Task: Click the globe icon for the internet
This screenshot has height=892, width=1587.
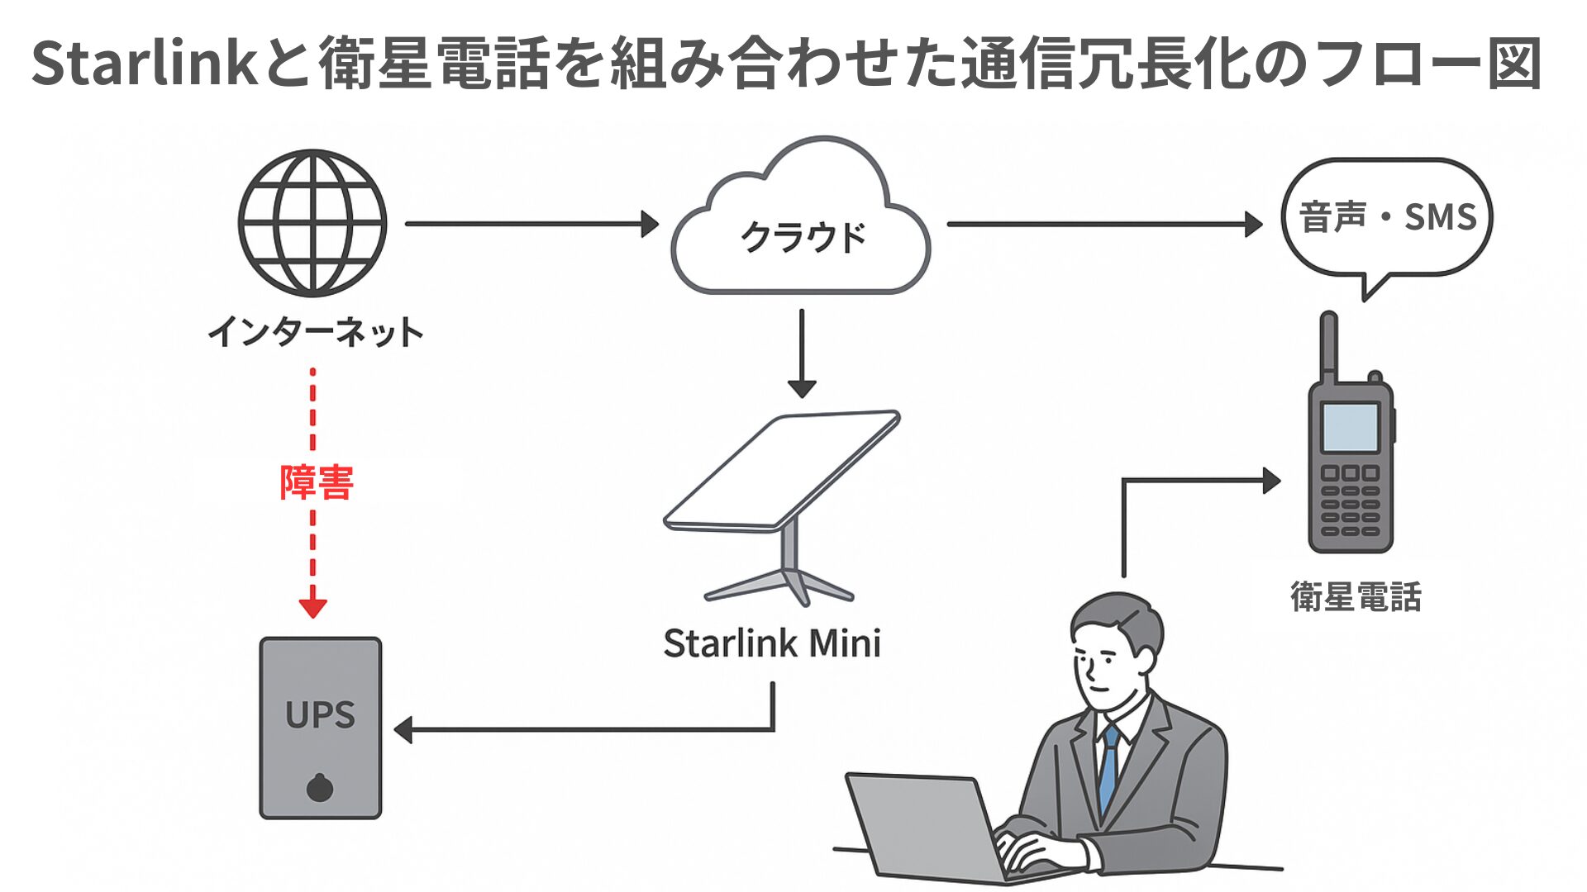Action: pos(312,223)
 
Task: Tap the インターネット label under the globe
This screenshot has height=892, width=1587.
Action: pos(315,332)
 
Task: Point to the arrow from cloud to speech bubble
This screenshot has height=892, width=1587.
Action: pos(1103,224)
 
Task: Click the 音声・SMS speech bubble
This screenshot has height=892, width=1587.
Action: pos(1387,217)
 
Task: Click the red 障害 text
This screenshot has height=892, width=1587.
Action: pos(317,482)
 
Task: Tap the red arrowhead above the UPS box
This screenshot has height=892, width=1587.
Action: pos(313,608)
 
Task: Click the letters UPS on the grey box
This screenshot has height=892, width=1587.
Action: pos(320,715)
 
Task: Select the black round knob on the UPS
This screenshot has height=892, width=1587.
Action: pos(320,788)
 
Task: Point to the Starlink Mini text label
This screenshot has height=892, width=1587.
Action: pos(772,643)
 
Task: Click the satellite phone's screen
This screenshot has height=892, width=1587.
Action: pos(1350,427)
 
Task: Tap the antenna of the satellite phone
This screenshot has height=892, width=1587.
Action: pos(1328,347)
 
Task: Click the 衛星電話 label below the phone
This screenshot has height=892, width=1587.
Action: pos(1356,596)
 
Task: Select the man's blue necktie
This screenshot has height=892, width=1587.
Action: pos(1108,768)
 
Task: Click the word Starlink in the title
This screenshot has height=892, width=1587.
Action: pos(145,64)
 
